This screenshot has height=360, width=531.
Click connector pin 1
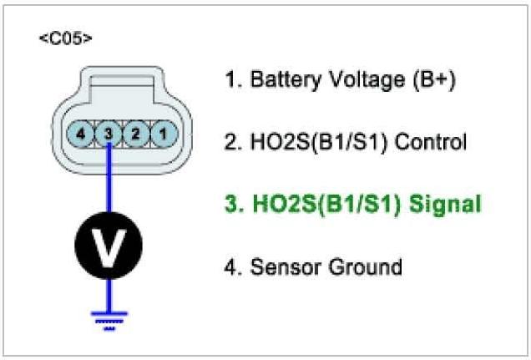164,132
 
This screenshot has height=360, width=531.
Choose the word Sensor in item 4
278,266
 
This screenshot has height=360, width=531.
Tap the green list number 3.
231,203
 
